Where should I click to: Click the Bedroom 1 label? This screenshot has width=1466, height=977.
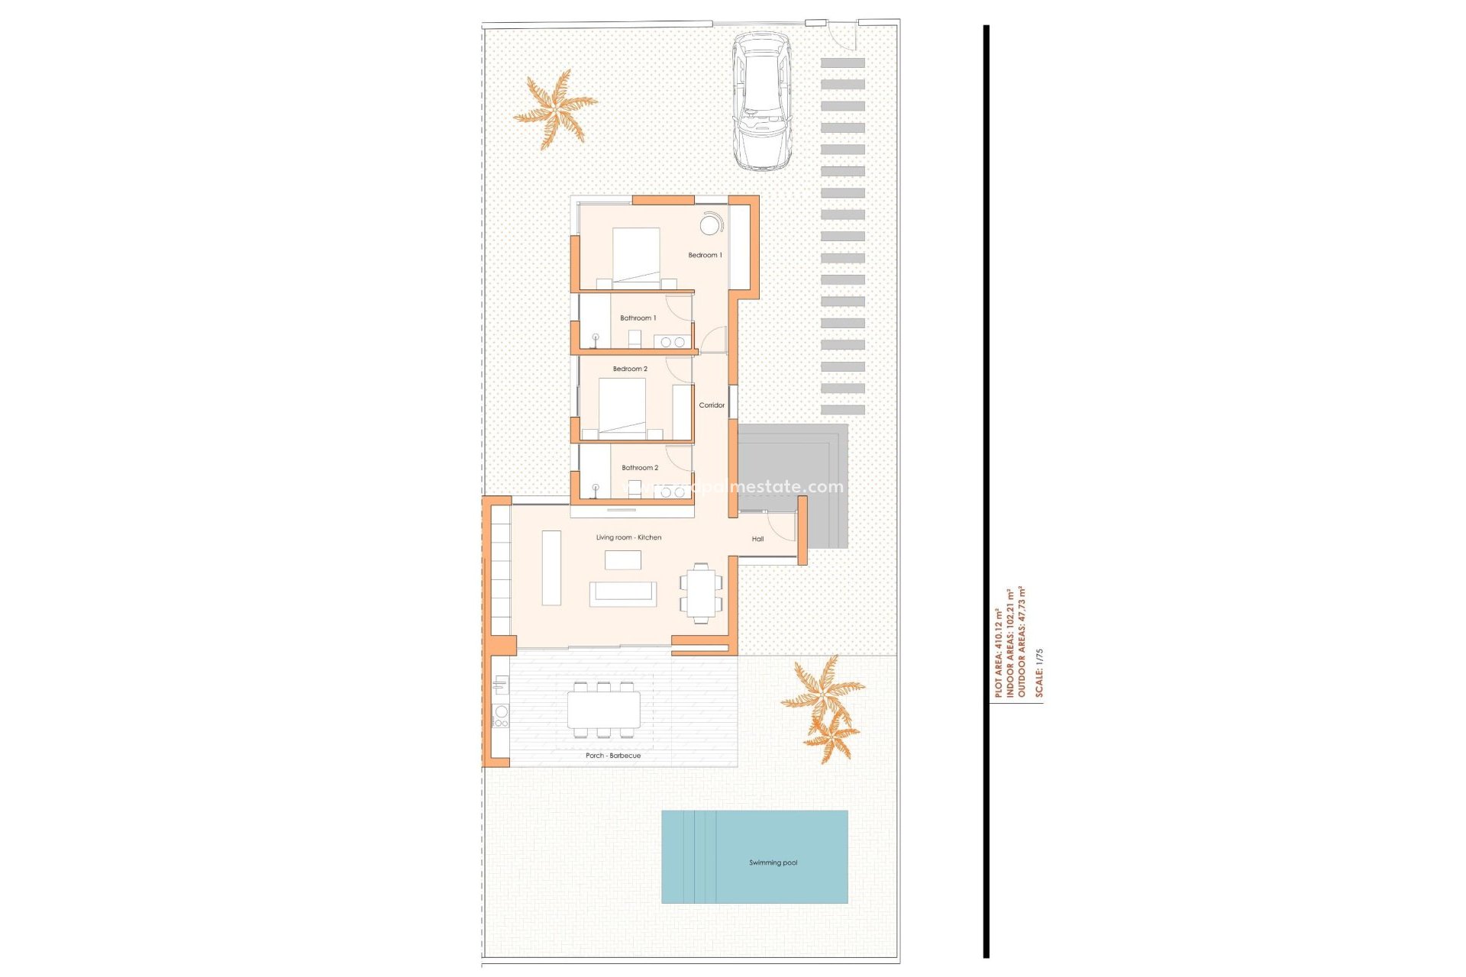704,255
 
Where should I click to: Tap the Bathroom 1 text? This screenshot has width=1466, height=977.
638,318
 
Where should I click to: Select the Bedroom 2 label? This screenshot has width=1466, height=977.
630,369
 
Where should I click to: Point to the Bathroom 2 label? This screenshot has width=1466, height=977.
639,468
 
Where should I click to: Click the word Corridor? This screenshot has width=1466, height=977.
712,405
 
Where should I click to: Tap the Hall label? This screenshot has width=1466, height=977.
757,539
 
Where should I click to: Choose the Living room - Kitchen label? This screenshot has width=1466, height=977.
628,537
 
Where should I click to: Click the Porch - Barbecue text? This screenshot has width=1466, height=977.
613,756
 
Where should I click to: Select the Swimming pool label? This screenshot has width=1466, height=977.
773,863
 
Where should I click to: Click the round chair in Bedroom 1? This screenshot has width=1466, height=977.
710,225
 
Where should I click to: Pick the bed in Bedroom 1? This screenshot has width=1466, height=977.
636,258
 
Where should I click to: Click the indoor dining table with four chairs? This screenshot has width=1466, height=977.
701,593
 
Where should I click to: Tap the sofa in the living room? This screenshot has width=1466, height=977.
622,594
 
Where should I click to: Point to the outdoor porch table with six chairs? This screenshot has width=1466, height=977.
603,710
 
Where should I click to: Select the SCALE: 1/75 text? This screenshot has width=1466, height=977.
1038,672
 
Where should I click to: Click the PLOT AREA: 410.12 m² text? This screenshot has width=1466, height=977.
998,653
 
